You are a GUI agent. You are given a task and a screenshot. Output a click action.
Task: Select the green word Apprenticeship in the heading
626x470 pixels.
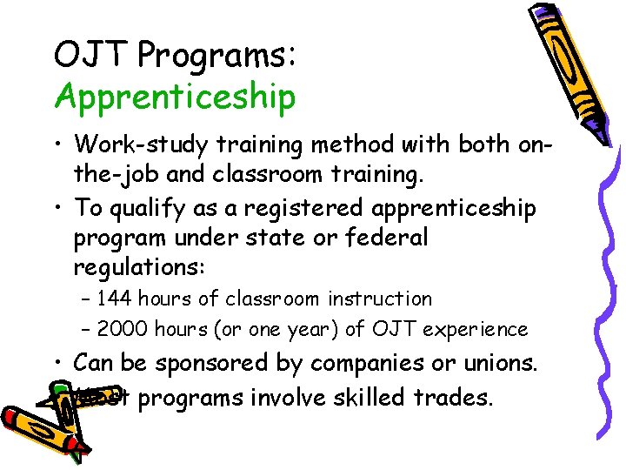coord(175,97)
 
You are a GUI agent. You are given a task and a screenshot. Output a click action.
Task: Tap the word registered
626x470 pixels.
coord(289,209)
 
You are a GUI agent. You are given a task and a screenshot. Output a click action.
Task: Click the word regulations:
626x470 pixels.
coord(141,266)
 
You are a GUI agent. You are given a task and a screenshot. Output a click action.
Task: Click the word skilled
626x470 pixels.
coord(376,399)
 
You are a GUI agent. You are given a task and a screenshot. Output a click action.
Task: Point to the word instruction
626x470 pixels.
coord(380,299)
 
